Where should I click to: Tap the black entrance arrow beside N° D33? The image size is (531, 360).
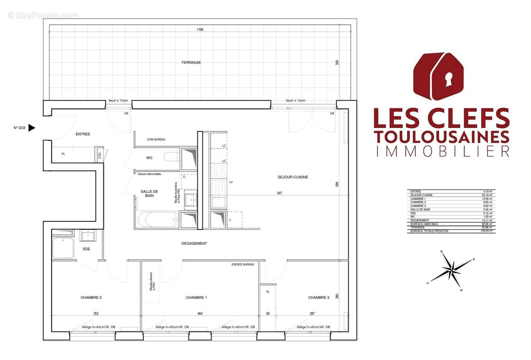(x=31, y=128)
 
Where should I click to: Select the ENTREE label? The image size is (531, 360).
(x=83, y=134)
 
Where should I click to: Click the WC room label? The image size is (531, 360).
(x=149, y=158)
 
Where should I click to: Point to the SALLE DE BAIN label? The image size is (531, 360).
(x=149, y=193)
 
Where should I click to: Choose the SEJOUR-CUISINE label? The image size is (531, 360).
(x=293, y=177)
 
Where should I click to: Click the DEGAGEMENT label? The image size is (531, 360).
(x=194, y=243)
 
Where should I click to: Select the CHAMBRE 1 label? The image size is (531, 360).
(x=196, y=298)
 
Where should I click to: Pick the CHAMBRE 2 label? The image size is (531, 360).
(x=91, y=298)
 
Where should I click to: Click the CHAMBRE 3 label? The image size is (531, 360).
(x=319, y=298)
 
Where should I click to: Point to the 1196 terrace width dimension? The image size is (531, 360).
(x=200, y=30)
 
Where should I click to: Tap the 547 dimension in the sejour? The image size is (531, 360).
(x=279, y=193)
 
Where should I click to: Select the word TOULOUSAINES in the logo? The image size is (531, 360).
(x=441, y=136)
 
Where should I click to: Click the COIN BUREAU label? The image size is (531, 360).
(x=156, y=139)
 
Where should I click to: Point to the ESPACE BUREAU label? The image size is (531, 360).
(x=243, y=264)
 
